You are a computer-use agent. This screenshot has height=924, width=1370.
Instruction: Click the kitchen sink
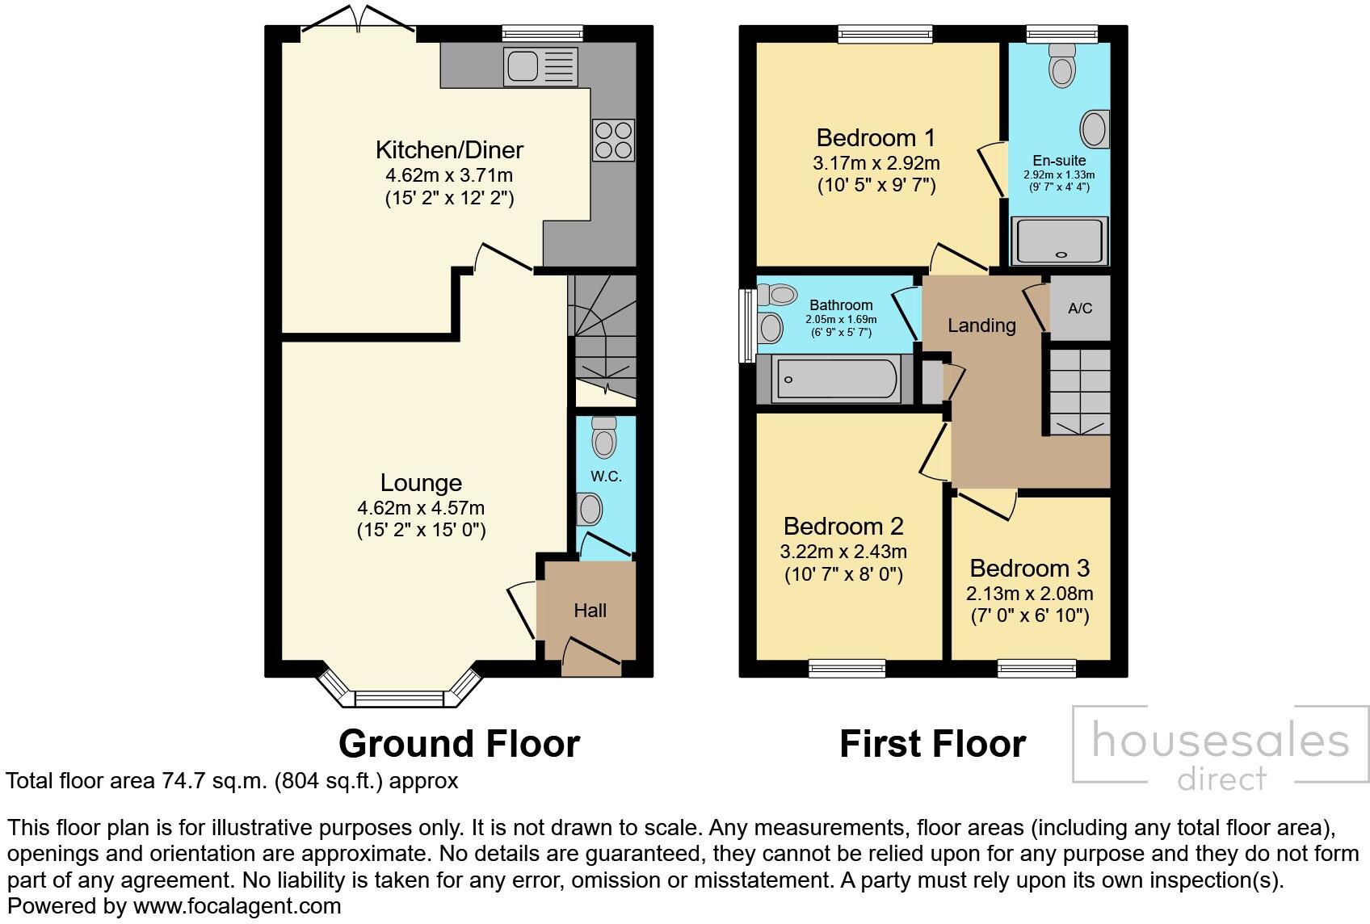(540, 66)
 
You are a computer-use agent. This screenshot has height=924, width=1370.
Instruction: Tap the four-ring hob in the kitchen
(613, 140)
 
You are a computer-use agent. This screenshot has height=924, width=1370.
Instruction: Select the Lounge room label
(421, 483)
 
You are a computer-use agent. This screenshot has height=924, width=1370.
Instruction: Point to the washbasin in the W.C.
(590, 510)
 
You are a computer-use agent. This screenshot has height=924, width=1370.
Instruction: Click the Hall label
(590, 611)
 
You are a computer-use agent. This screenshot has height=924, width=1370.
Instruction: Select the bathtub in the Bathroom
(835, 379)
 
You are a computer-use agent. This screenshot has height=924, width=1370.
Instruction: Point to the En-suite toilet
(1061, 65)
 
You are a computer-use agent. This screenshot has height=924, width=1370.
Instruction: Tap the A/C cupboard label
(1079, 309)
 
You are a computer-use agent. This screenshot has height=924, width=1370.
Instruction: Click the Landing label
(981, 325)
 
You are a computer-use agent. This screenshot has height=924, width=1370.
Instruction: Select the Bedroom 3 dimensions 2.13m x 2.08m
(1029, 594)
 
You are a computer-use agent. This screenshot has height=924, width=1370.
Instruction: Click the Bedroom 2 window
(847, 667)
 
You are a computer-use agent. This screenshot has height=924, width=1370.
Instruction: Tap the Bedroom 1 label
(876, 137)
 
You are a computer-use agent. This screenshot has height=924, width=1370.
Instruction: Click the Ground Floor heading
(459, 743)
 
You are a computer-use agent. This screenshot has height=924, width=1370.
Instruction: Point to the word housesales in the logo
(1220, 741)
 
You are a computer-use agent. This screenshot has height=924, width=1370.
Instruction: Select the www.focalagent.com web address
(237, 906)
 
